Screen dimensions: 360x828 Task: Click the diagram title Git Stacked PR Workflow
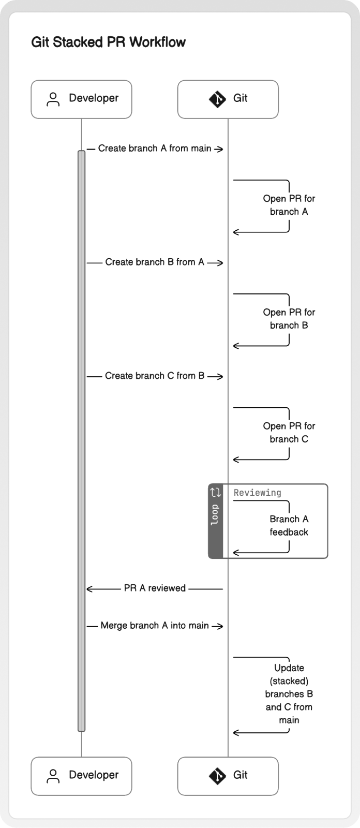tap(108, 42)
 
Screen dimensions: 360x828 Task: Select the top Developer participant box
tap(81, 99)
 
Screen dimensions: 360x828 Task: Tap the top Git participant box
tap(228, 99)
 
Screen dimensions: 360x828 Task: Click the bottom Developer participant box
tap(81, 776)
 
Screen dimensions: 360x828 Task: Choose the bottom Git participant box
tap(228, 776)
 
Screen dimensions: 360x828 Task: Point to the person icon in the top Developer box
tap(53, 99)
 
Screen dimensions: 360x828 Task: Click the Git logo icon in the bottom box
tap(217, 776)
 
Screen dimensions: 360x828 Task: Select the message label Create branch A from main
tap(155, 148)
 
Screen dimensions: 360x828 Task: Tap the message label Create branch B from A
tap(155, 262)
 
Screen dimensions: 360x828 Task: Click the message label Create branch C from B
tap(155, 376)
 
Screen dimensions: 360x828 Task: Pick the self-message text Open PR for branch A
tap(289, 205)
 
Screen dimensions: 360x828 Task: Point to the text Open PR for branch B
tap(289, 319)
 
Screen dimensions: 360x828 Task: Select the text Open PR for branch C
tap(289, 433)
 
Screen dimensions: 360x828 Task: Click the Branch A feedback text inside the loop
tap(289, 525)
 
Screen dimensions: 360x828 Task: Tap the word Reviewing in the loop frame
tap(257, 493)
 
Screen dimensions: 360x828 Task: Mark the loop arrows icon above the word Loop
tap(216, 492)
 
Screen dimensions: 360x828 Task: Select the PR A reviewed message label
tap(155, 588)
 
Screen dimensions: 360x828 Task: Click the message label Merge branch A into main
tap(155, 626)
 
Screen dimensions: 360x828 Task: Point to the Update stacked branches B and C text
tap(289, 694)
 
